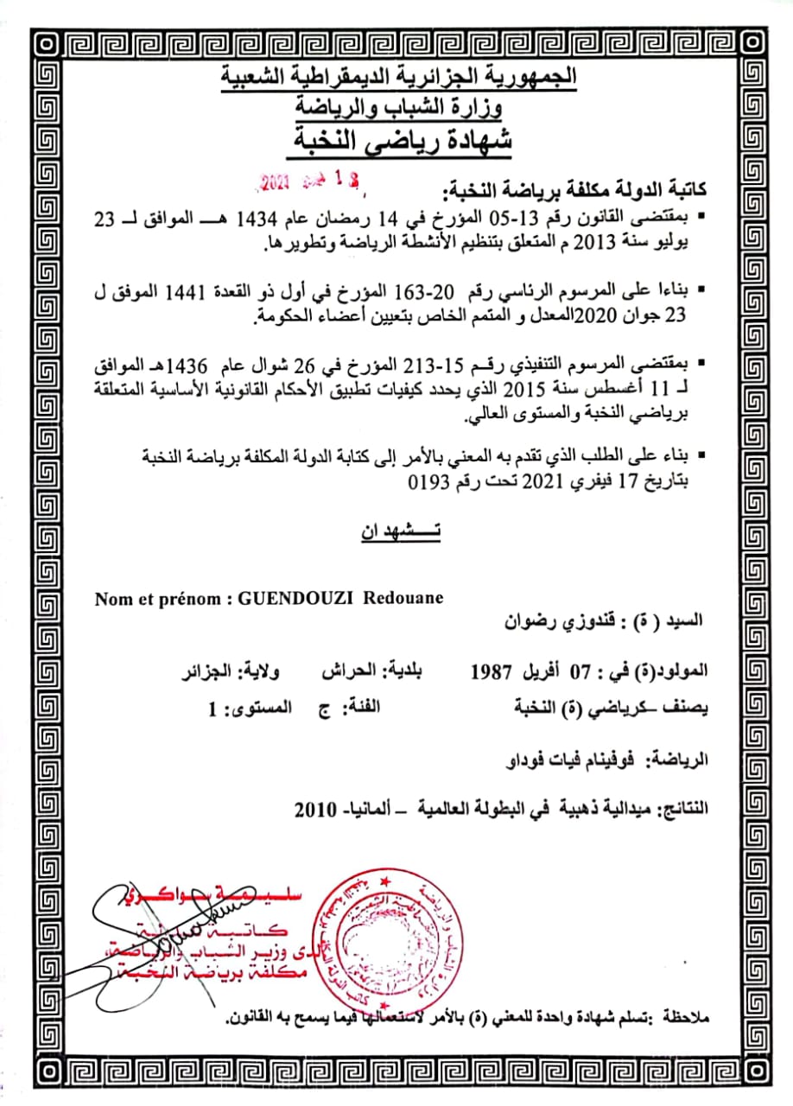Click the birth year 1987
(x=492, y=671)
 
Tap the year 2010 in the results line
(x=312, y=810)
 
